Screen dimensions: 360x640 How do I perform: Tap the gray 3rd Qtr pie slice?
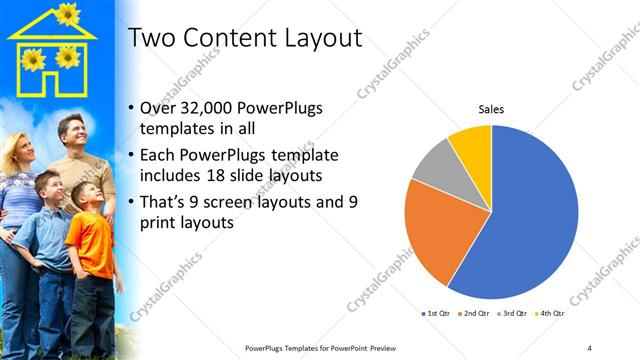pyautogui.click(x=437, y=164)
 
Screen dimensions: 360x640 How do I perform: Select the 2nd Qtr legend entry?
pyautogui.click(x=473, y=314)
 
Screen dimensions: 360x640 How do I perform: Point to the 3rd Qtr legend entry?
pyautogui.click(x=511, y=314)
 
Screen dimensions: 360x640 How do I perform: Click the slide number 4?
pyautogui.click(x=589, y=347)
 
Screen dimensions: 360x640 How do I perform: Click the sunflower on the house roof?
pyautogui.click(x=67, y=13)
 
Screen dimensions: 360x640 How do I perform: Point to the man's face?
pyautogui.click(x=71, y=132)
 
